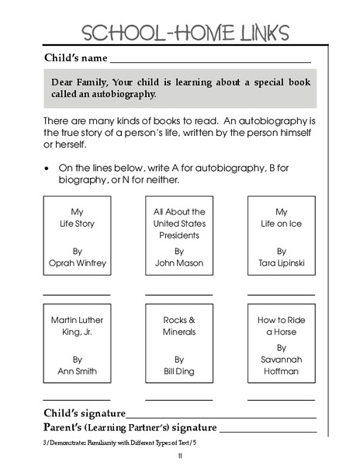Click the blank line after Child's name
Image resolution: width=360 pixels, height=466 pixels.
pyautogui.click(x=210, y=61)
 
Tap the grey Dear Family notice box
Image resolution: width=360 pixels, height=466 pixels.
pyautogui.click(x=179, y=89)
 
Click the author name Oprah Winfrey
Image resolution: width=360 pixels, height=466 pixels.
pyautogui.click(x=77, y=263)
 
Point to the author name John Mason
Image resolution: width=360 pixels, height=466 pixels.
pyautogui.click(x=179, y=263)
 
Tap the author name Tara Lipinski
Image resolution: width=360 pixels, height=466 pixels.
pyautogui.click(x=282, y=263)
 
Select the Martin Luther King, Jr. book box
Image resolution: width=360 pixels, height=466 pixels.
pyautogui.click(x=77, y=345)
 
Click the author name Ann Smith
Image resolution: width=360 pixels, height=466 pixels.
pyautogui.click(x=77, y=371)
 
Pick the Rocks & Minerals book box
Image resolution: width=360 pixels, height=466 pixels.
pyautogui.click(x=179, y=345)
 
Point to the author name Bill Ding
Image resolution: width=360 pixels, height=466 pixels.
pyautogui.click(x=179, y=371)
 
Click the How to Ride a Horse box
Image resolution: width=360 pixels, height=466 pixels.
pyautogui.click(x=282, y=345)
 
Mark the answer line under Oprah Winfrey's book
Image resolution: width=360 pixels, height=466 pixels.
pyautogui.click(x=77, y=295)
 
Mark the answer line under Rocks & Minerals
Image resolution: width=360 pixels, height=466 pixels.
pyautogui.click(x=179, y=400)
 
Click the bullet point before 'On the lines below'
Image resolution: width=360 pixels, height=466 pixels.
pyautogui.click(x=48, y=167)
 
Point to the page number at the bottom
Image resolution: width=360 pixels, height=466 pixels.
pyautogui.click(x=179, y=456)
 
